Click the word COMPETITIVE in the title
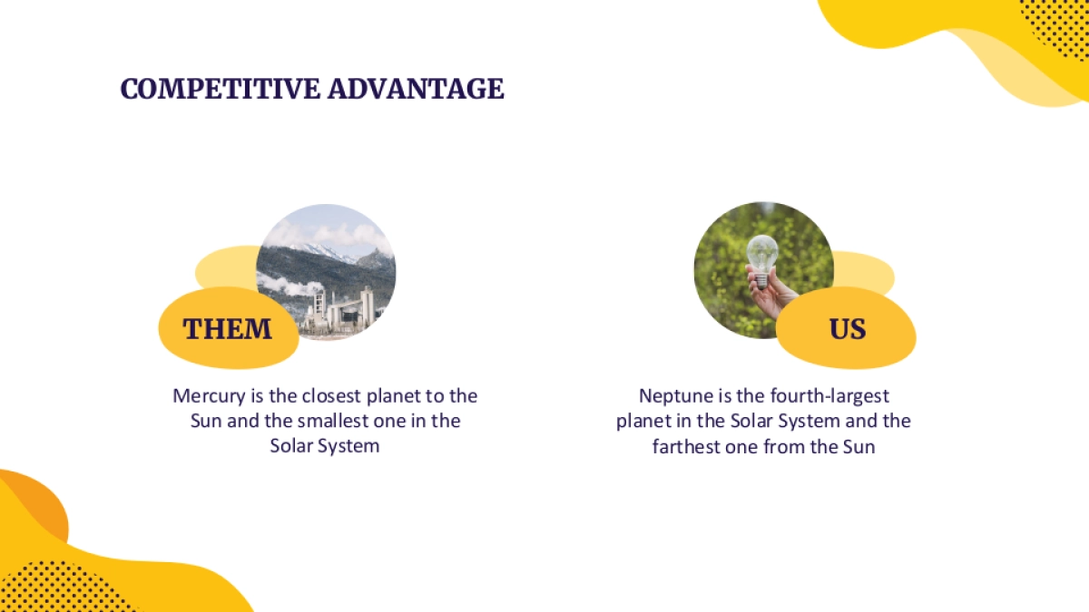coord(221,89)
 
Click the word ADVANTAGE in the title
coord(417,89)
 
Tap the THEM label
coord(227,329)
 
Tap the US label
coord(848,329)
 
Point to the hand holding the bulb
coord(772,294)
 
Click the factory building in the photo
coord(340,311)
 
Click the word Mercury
coord(209,397)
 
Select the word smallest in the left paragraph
coord(332,421)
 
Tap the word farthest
coord(686,446)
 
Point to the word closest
coord(331,396)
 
